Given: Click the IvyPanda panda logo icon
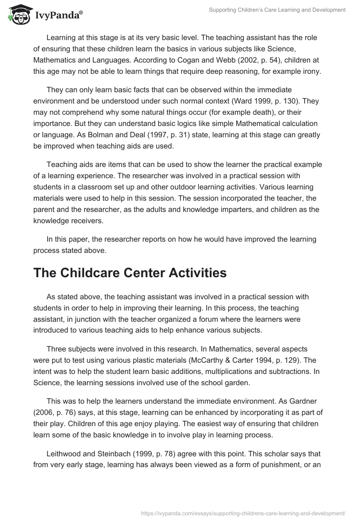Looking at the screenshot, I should point(17,14).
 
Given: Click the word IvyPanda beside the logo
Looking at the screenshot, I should point(58,16).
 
